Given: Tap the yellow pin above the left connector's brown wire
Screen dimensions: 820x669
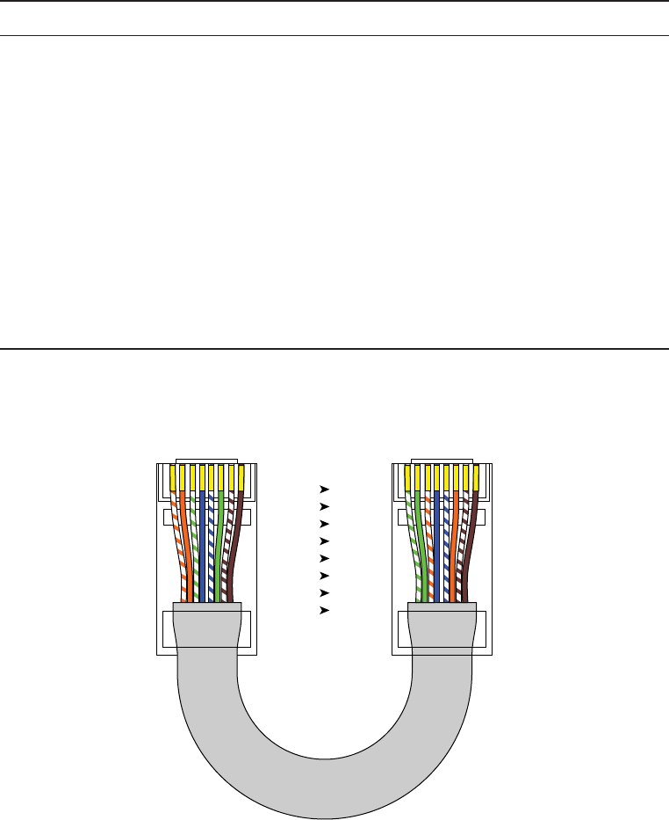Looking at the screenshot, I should pos(241,477).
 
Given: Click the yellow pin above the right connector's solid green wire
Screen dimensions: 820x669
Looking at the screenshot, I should pos(418,477).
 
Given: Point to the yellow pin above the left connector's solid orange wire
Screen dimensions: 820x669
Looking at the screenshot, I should pos(183,477).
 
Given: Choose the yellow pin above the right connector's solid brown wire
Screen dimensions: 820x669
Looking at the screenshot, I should pos(476,477).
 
